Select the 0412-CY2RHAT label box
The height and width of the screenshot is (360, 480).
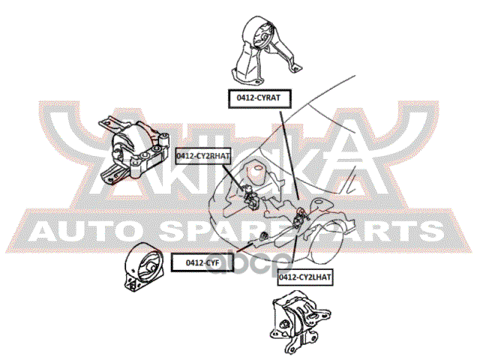click(x=203, y=155)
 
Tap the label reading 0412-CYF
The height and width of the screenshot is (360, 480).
click(x=202, y=262)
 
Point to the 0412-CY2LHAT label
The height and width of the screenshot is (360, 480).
click(x=305, y=277)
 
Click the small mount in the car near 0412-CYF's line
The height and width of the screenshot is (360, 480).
click(x=263, y=238)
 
